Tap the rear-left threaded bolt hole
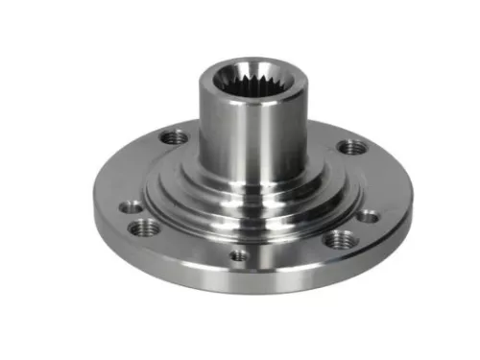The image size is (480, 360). click(x=174, y=137)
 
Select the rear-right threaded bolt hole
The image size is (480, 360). click(x=352, y=147)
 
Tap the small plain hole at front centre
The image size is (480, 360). click(x=237, y=255)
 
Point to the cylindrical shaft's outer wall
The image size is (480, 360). click(x=221, y=134)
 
